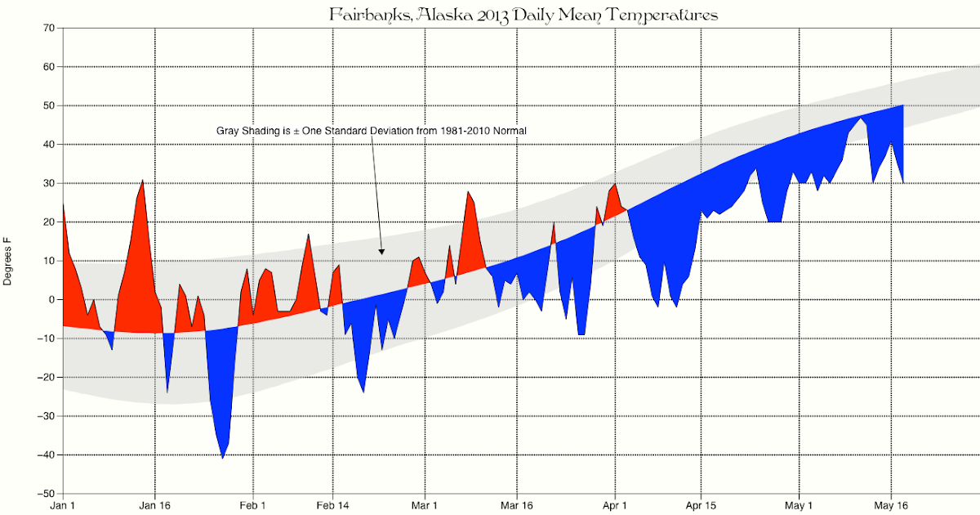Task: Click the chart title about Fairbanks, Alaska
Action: point(523,15)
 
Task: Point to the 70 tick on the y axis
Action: point(49,28)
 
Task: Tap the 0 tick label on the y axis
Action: point(51,300)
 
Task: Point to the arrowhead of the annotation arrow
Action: point(381,252)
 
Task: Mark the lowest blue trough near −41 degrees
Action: point(222,458)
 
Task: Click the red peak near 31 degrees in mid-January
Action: point(143,181)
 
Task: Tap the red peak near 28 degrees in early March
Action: point(468,192)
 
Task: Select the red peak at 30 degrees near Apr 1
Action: point(614,185)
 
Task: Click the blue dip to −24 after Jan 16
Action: point(167,391)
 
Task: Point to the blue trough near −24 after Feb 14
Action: point(363,391)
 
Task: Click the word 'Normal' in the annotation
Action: point(509,130)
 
